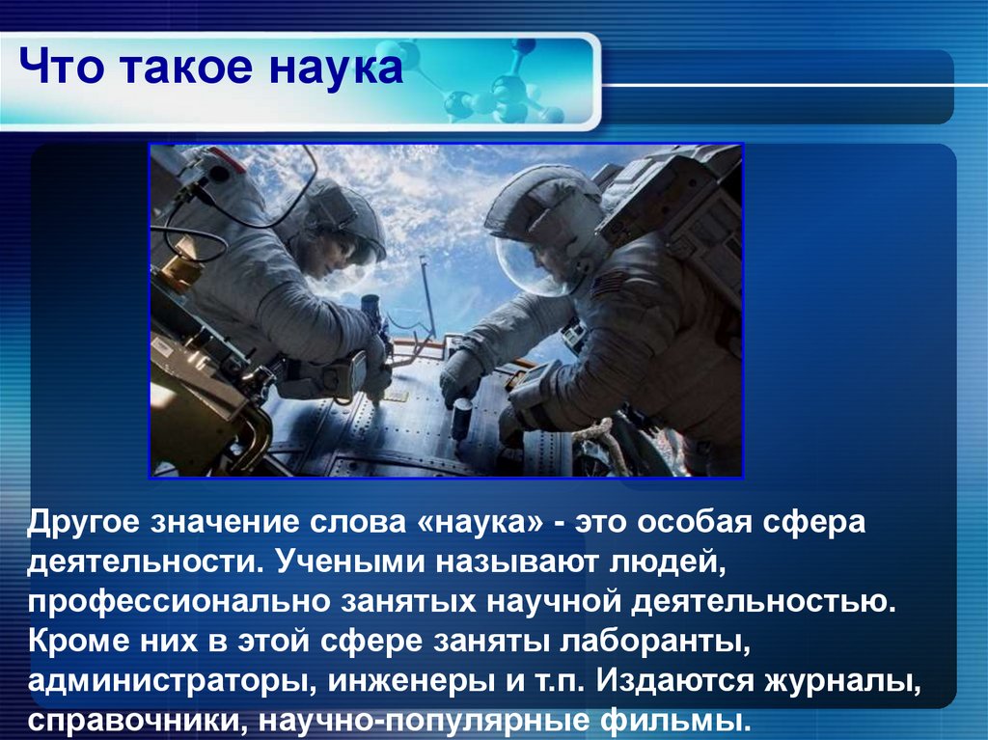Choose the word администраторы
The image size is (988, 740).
pos(165,681)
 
